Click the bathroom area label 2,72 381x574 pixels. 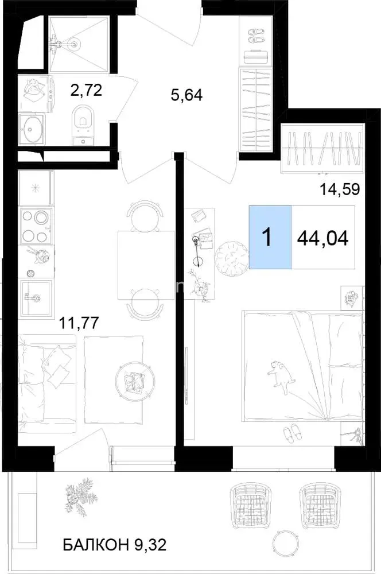(x=86, y=90)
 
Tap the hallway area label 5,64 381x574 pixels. (x=186, y=95)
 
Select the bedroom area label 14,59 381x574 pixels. (x=340, y=189)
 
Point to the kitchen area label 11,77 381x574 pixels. (x=79, y=323)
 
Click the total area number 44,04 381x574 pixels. (x=323, y=239)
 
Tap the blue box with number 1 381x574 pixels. (x=270, y=237)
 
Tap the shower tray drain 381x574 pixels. (x=75, y=44)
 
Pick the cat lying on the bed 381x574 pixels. (x=281, y=376)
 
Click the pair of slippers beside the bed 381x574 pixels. (x=293, y=432)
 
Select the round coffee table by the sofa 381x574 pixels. (x=133, y=379)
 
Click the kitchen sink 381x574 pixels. (x=36, y=297)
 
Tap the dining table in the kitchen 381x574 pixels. (x=146, y=265)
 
